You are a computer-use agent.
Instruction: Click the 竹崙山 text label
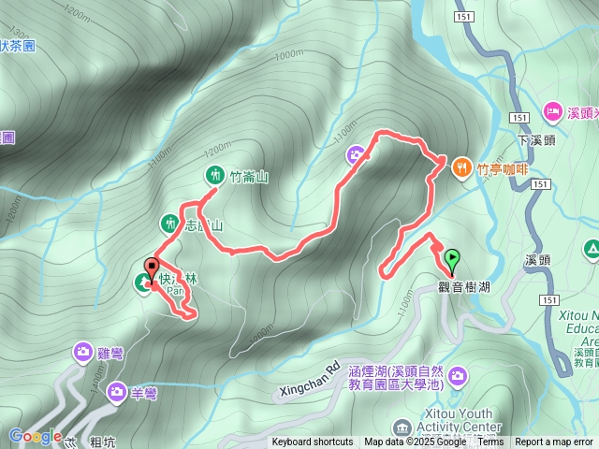coord(249,175)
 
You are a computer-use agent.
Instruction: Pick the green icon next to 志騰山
coord(169,223)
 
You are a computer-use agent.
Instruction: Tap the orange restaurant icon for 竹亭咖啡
coord(462,168)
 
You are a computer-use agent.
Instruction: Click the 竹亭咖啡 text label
coord(503,169)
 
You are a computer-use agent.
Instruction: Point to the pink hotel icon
coord(552,111)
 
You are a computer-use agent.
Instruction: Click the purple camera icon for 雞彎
coord(83,352)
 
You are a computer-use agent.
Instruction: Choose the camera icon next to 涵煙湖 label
coord(457,376)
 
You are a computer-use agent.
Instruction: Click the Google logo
coord(35,436)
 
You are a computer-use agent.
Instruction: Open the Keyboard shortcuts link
coord(313,442)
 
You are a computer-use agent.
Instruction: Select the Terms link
coord(490,442)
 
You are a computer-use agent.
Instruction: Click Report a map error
coord(554,442)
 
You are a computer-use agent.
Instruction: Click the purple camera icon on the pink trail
coord(357,154)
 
